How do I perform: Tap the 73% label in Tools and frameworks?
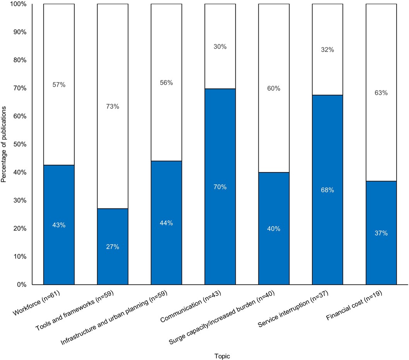113,107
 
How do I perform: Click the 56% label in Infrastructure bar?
166,83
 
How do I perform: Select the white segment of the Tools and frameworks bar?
113,58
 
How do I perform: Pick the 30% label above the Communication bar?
220,46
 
